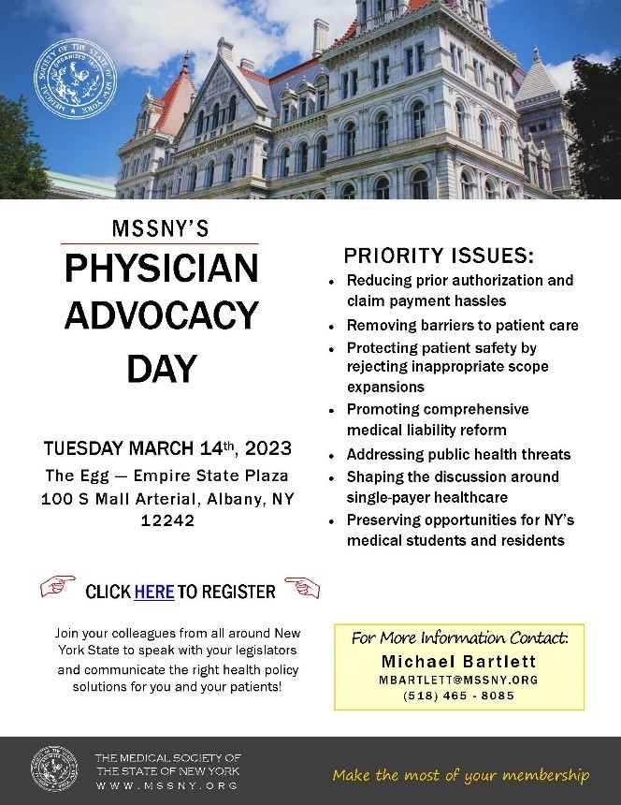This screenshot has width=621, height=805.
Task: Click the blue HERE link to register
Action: click(x=154, y=592)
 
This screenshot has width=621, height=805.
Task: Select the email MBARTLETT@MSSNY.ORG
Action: click(x=458, y=680)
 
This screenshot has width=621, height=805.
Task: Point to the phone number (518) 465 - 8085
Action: click(x=458, y=696)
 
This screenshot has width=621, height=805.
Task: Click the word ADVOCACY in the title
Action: click(x=161, y=315)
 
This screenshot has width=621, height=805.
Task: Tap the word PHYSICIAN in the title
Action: click(x=161, y=270)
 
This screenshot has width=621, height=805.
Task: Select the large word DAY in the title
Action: click(x=161, y=369)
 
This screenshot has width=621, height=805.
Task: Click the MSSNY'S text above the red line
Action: click(x=161, y=229)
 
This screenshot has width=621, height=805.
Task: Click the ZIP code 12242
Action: click(x=167, y=521)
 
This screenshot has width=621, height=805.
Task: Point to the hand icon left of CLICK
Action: click(x=57, y=588)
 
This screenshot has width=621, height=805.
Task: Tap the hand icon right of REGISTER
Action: click(x=302, y=588)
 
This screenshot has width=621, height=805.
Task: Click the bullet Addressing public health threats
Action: click(x=458, y=454)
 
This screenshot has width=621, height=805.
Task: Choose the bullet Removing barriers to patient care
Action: click(x=462, y=326)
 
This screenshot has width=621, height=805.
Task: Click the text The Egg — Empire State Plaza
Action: click(x=167, y=475)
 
